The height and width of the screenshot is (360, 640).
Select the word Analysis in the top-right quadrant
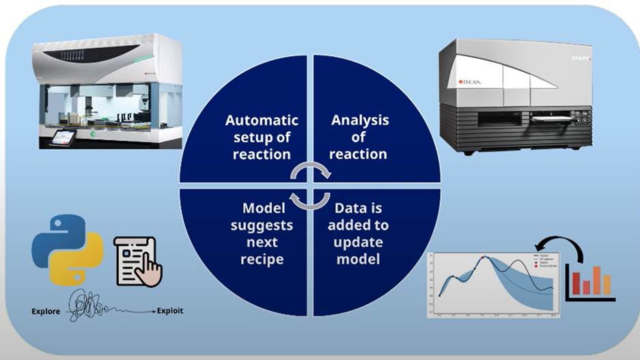[360, 120]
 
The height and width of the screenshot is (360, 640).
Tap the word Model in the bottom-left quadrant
[264, 208]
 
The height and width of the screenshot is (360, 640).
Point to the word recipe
[263, 259]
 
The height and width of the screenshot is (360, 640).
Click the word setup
[244, 137]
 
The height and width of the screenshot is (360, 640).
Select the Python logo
[67, 249]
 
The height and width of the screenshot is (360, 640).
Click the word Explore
[49, 311]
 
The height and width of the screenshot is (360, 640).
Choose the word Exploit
[170, 311]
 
